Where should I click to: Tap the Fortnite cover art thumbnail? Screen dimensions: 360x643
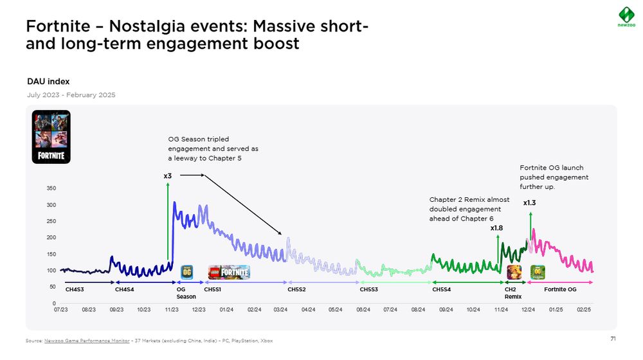coord(51,136)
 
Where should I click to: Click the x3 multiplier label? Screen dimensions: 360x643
coord(167,175)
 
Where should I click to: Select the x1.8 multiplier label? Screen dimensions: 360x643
coord(496,228)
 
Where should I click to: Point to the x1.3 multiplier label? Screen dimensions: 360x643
coord(530,203)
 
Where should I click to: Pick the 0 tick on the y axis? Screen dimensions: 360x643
coord(53,303)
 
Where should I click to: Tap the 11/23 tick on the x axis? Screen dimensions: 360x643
coord(172,310)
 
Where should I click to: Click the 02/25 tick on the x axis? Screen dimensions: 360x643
coord(583,310)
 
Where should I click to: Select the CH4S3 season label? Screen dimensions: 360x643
coord(75,290)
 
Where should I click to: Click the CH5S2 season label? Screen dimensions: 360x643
coord(296,290)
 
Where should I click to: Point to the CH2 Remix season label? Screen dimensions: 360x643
coord(513,293)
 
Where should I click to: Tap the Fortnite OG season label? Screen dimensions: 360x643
coord(560,290)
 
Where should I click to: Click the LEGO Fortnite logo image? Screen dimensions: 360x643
coord(229,272)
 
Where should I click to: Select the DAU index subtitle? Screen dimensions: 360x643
coord(48,82)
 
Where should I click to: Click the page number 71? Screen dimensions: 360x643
coord(613,339)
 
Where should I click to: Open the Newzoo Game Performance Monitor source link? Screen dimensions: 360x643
coord(86,340)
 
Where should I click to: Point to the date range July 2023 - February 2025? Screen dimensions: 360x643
coord(71,95)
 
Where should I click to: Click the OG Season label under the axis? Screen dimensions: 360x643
coord(186,293)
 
